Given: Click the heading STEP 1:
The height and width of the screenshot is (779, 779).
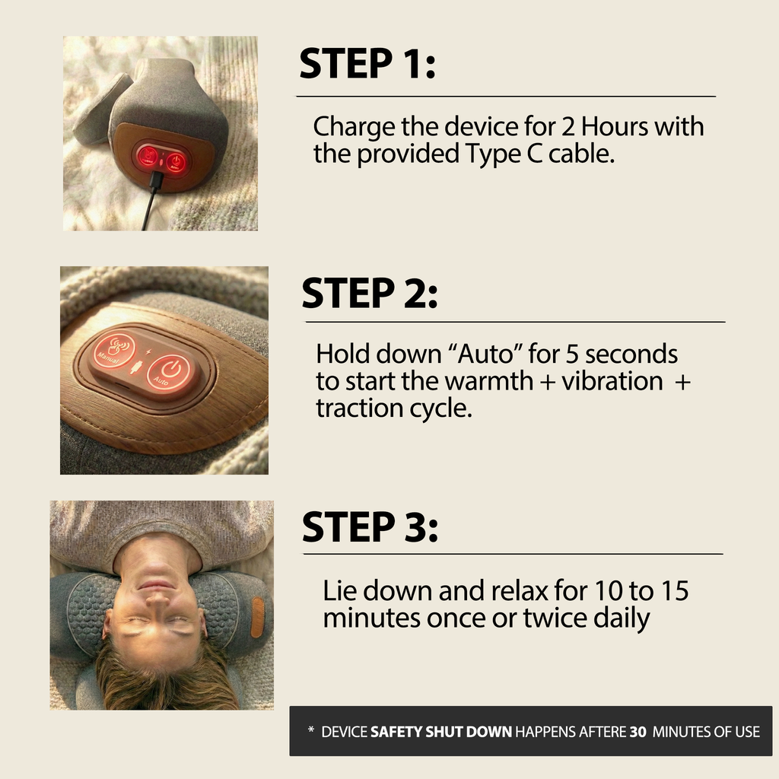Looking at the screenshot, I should (x=367, y=64).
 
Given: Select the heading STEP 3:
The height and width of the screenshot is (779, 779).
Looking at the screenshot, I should (x=370, y=526).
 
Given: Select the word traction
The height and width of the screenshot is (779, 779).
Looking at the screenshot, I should (x=357, y=408).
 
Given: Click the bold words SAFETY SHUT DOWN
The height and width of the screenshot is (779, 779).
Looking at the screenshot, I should (x=441, y=732).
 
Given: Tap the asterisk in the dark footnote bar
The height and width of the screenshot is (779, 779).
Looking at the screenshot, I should (x=310, y=731).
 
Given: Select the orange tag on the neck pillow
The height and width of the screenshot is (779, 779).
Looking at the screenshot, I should (x=257, y=616).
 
